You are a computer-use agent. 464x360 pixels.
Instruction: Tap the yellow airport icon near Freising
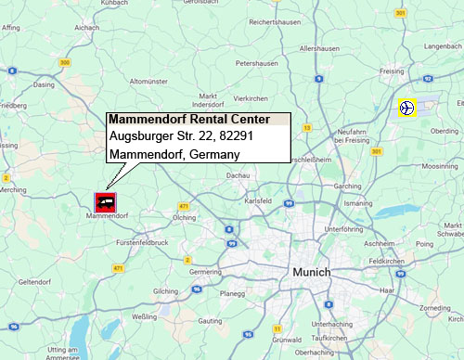coord(406,108)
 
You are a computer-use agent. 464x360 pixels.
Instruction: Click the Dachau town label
coord(239,174)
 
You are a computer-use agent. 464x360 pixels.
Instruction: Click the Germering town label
coord(205,273)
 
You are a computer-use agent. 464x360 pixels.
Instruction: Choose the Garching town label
coord(345,186)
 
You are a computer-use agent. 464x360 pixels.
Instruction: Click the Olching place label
coord(184,216)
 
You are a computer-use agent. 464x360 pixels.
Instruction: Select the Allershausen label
coord(320,48)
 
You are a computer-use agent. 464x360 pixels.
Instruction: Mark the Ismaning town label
coord(357,201)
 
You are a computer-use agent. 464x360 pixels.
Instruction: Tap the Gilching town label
coord(165,291)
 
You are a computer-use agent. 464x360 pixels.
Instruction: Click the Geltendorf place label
coord(34,281)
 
